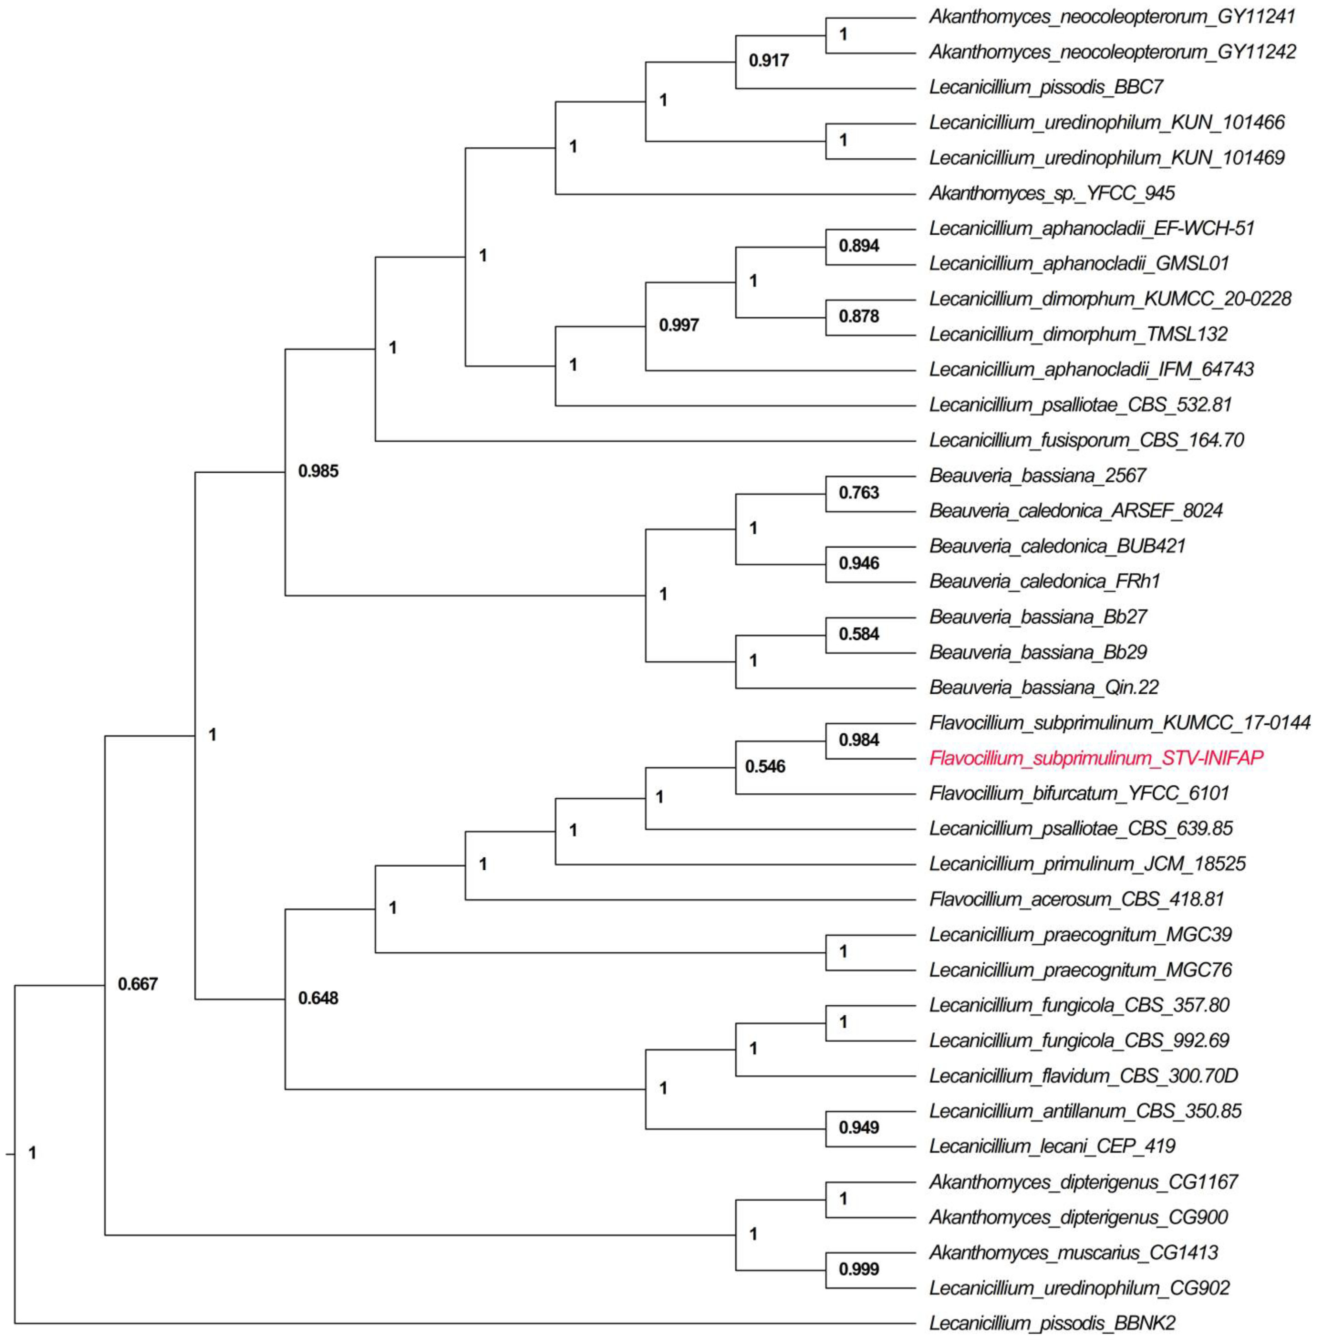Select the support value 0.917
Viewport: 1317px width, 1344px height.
768,61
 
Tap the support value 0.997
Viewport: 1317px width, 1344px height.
678,325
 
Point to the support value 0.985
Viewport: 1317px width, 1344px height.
318,472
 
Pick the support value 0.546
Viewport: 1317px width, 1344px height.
765,766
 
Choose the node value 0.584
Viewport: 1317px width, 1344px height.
858,634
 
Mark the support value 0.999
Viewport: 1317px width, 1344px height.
858,1269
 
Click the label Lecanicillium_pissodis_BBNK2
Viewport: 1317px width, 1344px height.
1052,1323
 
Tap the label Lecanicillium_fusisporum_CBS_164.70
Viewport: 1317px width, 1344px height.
1086,440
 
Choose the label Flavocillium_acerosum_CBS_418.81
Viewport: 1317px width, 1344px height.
1076,899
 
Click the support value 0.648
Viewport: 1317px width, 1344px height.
318,998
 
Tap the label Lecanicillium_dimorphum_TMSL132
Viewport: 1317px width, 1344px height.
1078,334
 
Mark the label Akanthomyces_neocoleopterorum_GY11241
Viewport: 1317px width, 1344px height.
1112,17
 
